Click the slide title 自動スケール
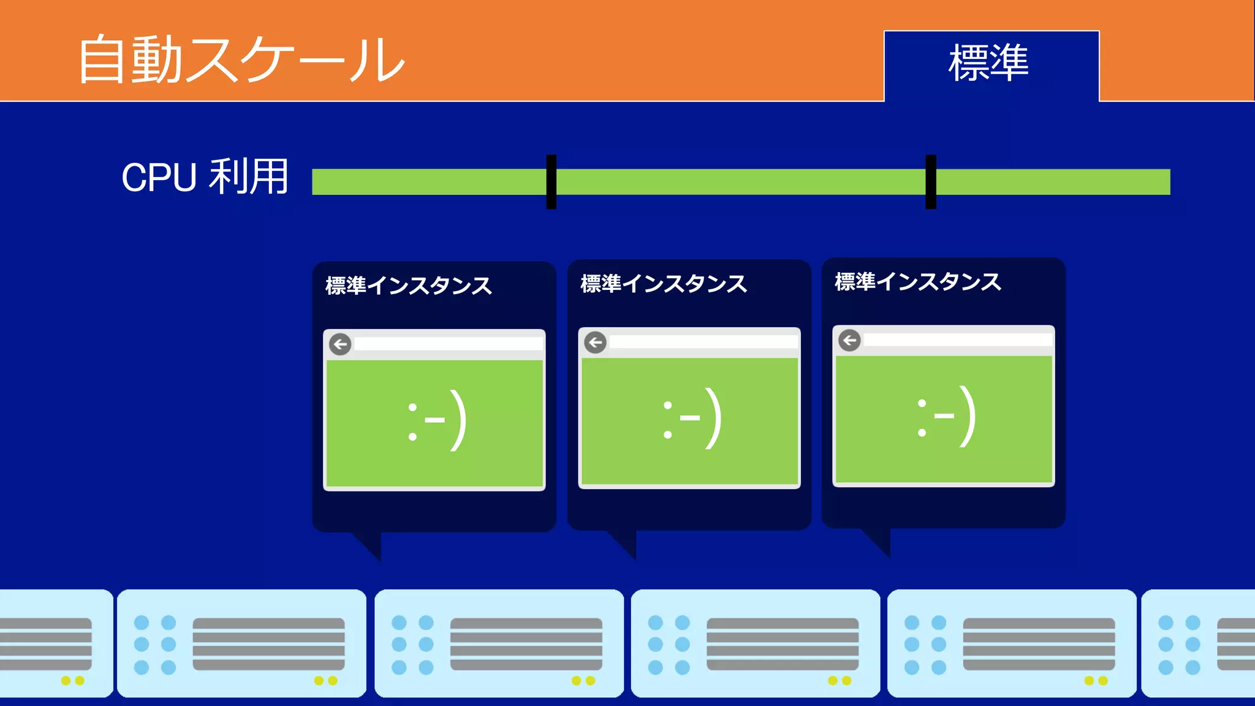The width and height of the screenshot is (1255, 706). [241, 59]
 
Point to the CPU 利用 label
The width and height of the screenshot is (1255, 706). [205, 177]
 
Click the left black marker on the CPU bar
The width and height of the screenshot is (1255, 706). [552, 182]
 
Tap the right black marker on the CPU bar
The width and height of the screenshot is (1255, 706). [931, 182]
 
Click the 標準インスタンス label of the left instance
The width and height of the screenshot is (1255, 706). [409, 286]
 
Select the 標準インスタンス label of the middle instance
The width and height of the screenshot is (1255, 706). [664, 284]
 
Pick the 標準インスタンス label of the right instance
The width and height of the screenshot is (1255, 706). [918, 282]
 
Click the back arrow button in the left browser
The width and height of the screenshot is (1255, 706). [340, 344]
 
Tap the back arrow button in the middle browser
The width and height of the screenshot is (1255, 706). [595, 342]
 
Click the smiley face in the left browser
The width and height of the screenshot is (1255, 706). [437, 420]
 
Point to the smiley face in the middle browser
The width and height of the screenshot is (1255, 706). [692, 419]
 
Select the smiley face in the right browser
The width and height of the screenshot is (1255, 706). [946, 417]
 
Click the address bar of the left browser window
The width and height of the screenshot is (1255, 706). [448, 344]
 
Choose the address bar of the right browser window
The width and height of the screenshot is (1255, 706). [957, 340]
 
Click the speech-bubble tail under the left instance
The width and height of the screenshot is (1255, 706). [371, 545]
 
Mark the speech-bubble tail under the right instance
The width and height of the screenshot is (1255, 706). [880, 542]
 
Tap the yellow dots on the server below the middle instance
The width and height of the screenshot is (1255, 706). [583, 680]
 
